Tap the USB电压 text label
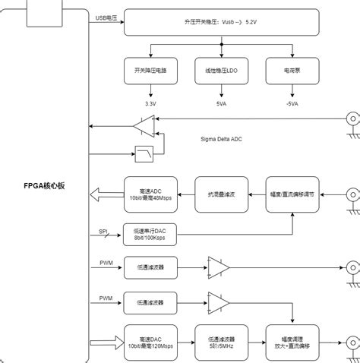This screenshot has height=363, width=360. pos(107,17)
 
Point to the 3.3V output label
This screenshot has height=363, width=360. pos(150,103)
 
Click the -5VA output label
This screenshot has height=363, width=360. pos(292,103)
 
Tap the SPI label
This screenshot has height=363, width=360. pos(103,232)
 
